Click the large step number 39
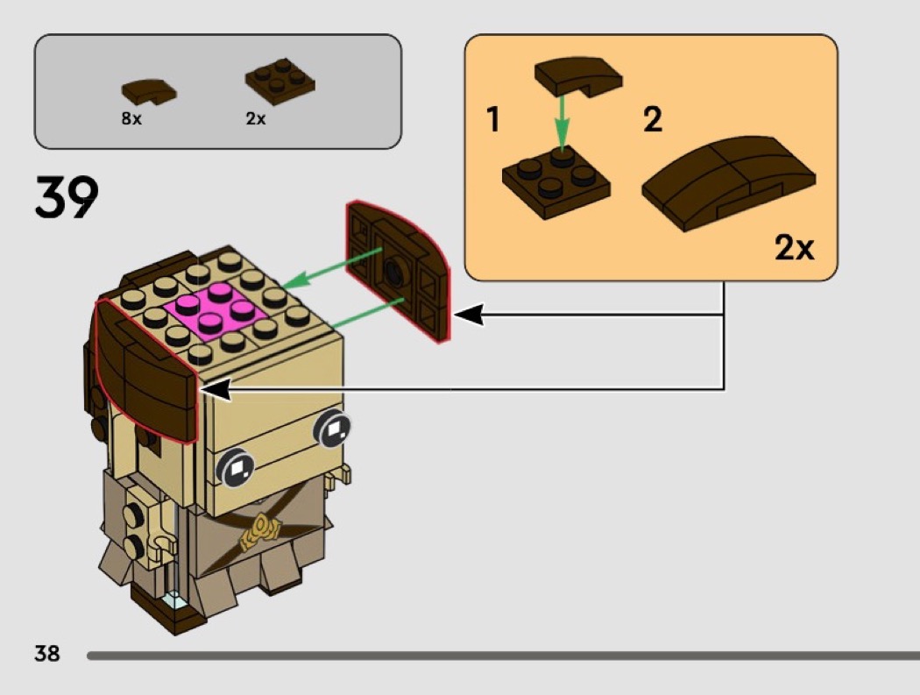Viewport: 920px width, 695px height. pyautogui.click(x=67, y=198)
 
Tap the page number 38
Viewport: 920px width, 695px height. pyautogui.click(x=46, y=653)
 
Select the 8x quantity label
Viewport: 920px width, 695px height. pyautogui.click(x=131, y=119)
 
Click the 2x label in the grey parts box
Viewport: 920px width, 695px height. pyautogui.click(x=256, y=119)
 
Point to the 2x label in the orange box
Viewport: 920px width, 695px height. pyautogui.click(x=794, y=249)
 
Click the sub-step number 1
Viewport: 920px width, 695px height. pyautogui.click(x=493, y=120)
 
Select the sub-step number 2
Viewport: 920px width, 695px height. pyautogui.click(x=653, y=120)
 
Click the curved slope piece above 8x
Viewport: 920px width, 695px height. pyautogui.click(x=148, y=90)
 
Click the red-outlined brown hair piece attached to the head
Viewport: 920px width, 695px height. pyautogui.click(x=142, y=368)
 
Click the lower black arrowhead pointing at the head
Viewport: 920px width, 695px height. pyautogui.click(x=216, y=389)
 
